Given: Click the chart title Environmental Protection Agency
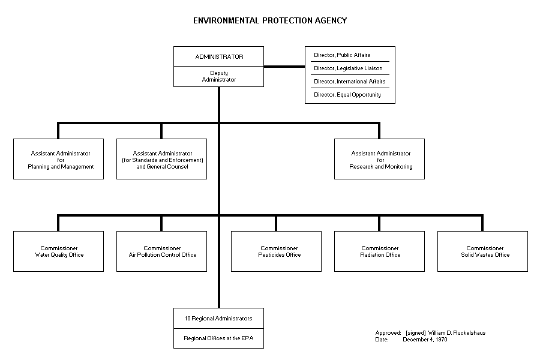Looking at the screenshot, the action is pyautogui.click(x=270, y=20).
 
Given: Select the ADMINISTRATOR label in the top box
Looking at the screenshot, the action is pyautogui.click(x=219, y=57).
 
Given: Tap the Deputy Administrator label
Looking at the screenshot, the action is pyautogui.click(x=219, y=76).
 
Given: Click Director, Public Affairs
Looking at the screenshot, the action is pyautogui.click(x=342, y=55).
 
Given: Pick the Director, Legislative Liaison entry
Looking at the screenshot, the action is pyautogui.click(x=348, y=68).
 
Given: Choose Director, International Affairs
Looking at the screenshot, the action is pyautogui.click(x=350, y=82).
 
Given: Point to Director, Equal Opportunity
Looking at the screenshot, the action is pyautogui.click(x=347, y=95).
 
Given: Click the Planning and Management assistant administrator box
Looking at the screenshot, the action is pyautogui.click(x=59, y=159).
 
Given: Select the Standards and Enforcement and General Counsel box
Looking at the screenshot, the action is pyautogui.click(x=161, y=159).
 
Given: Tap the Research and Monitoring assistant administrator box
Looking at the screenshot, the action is pyautogui.click(x=380, y=159).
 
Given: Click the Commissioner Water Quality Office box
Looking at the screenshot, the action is pyautogui.click(x=59, y=251).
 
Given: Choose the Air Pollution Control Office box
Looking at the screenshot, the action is pyautogui.click(x=161, y=251).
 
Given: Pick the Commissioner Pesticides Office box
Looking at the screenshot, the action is pyautogui.click(x=276, y=251).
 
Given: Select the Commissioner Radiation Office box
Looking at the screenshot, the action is pyautogui.click(x=380, y=251).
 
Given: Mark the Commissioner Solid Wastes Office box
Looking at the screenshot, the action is pyautogui.click(x=482, y=251).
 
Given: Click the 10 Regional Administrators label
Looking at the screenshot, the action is pyautogui.click(x=218, y=319).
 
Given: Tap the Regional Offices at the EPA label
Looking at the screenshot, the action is pyautogui.click(x=218, y=338).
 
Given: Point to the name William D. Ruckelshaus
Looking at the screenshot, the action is pyautogui.click(x=457, y=333).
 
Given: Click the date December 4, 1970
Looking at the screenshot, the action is pyautogui.click(x=425, y=340).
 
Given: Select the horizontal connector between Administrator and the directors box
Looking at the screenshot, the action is pyautogui.click(x=284, y=67).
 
